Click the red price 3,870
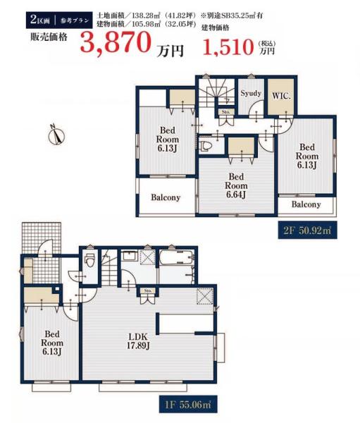coord(115,42)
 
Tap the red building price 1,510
coord(229,47)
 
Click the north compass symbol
coord(56,135)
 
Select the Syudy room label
coord(251,93)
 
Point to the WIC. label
coord(281,97)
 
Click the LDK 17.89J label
coord(138,341)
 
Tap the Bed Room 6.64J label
coord(236,185)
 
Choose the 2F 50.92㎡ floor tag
coord(307,231)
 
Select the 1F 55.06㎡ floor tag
coord(188,404)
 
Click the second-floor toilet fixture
coord(206,146)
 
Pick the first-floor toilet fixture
coord(89,259)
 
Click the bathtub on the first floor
coord(176,258)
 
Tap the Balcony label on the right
coord(306,204)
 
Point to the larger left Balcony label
coord(166,197)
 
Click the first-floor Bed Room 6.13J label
coord(52,343)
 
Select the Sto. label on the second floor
coord(225,111)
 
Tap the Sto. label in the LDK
coord(148,290)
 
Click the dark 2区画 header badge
coord(59,20)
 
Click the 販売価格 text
coord(49,36)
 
